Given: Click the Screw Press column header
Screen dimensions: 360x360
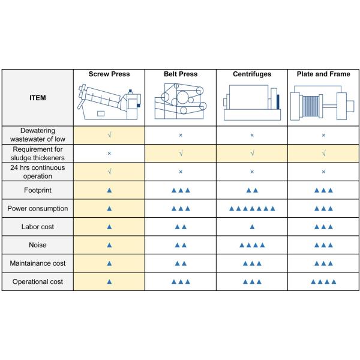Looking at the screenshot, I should [x=109, y=74].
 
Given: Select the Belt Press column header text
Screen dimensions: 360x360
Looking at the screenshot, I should [x=181, y=74].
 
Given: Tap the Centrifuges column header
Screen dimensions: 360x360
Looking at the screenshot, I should [x=252, y=74].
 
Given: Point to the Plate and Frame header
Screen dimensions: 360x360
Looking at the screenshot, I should [x=323, y=74].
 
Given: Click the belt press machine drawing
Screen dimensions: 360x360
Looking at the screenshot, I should [x=181, y=103].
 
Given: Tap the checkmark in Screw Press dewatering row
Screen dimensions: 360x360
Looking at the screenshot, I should [x=109, y=136].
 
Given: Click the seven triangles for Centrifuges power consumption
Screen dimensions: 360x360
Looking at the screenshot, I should [x=252, y=209].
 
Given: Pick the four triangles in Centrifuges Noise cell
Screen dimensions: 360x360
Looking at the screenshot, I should [x=252, y=245].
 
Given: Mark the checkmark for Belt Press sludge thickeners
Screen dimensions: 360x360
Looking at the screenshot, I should [x=181, y=154].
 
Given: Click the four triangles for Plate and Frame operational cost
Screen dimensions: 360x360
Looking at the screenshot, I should [x=323, y=281].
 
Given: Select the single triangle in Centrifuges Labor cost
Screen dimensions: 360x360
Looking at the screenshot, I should [x=252, y=227].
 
